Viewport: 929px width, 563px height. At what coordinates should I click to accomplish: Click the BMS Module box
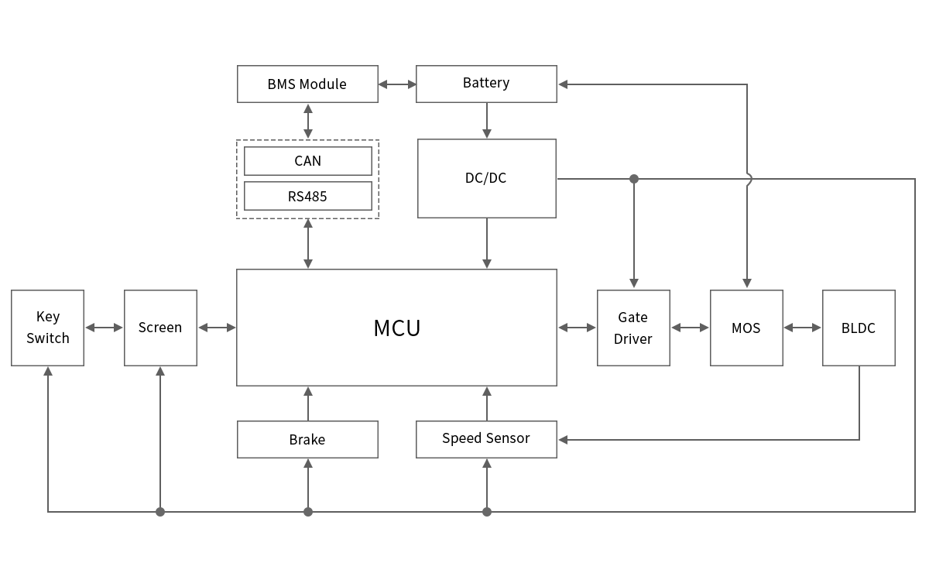click(307, 84)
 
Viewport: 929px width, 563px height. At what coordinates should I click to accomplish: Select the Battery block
click(486, 84)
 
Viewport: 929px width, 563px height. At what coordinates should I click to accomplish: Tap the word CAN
click(307, 161)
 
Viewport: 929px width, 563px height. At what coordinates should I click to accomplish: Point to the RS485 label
click(307, 197)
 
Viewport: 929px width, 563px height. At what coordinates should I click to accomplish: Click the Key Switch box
click(48, 328)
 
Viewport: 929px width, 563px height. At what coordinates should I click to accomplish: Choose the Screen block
click(160, 328)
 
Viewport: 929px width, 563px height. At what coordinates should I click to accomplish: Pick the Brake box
click(307, 439)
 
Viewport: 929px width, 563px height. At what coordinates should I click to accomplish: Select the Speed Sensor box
click(486, 438)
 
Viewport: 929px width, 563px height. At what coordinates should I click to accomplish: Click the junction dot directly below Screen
click(160, 512)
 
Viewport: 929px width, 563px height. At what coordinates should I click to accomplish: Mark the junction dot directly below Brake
click(308, 512)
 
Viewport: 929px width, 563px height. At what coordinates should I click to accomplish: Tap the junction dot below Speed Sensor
click(487, 512)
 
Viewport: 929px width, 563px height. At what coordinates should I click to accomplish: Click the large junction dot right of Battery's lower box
click(634, 179)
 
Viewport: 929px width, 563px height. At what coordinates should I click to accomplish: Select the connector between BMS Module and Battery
click(397, 84)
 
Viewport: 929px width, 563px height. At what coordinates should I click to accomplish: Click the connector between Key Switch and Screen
click(104, 328)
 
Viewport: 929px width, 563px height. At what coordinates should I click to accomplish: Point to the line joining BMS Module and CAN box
click(307, 122)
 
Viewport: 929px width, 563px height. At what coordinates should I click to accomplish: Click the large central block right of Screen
click(396, 328)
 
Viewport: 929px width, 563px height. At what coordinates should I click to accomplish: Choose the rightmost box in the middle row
click(859, 328)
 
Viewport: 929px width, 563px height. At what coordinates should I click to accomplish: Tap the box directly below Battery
click(486, 179)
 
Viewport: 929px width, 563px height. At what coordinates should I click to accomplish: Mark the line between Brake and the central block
click(307, 403)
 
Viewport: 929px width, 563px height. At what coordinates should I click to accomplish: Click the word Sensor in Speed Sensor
click(508, 438)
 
